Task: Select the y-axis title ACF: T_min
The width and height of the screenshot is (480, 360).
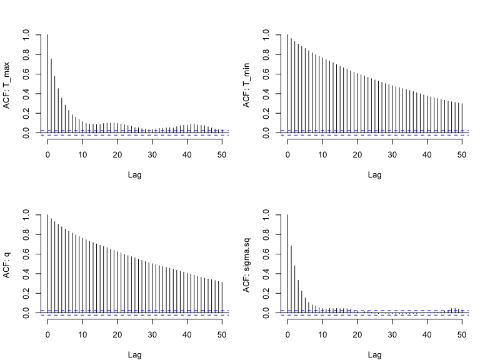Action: (247, 86)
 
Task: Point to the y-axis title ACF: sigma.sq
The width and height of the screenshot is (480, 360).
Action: (247, 266)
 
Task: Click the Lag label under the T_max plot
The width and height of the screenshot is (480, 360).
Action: (134, 175)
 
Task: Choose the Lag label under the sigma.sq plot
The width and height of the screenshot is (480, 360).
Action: (374, 355)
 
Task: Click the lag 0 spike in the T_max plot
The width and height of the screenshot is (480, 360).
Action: (47, 81)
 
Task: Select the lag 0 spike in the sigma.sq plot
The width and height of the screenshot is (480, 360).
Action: (287, 262)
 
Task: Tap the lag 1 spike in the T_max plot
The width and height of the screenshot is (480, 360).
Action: (51, 94)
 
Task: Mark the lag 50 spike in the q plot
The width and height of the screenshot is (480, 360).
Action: (222, 296)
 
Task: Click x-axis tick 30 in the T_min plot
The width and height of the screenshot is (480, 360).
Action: (392, 153)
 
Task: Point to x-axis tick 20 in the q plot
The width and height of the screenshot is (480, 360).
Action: (117, 333)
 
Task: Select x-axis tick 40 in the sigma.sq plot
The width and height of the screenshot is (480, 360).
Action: (427, 333)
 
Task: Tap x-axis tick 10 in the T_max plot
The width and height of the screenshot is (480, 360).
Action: (82, 153)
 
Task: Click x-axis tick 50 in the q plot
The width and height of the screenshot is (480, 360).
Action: (222, 333)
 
